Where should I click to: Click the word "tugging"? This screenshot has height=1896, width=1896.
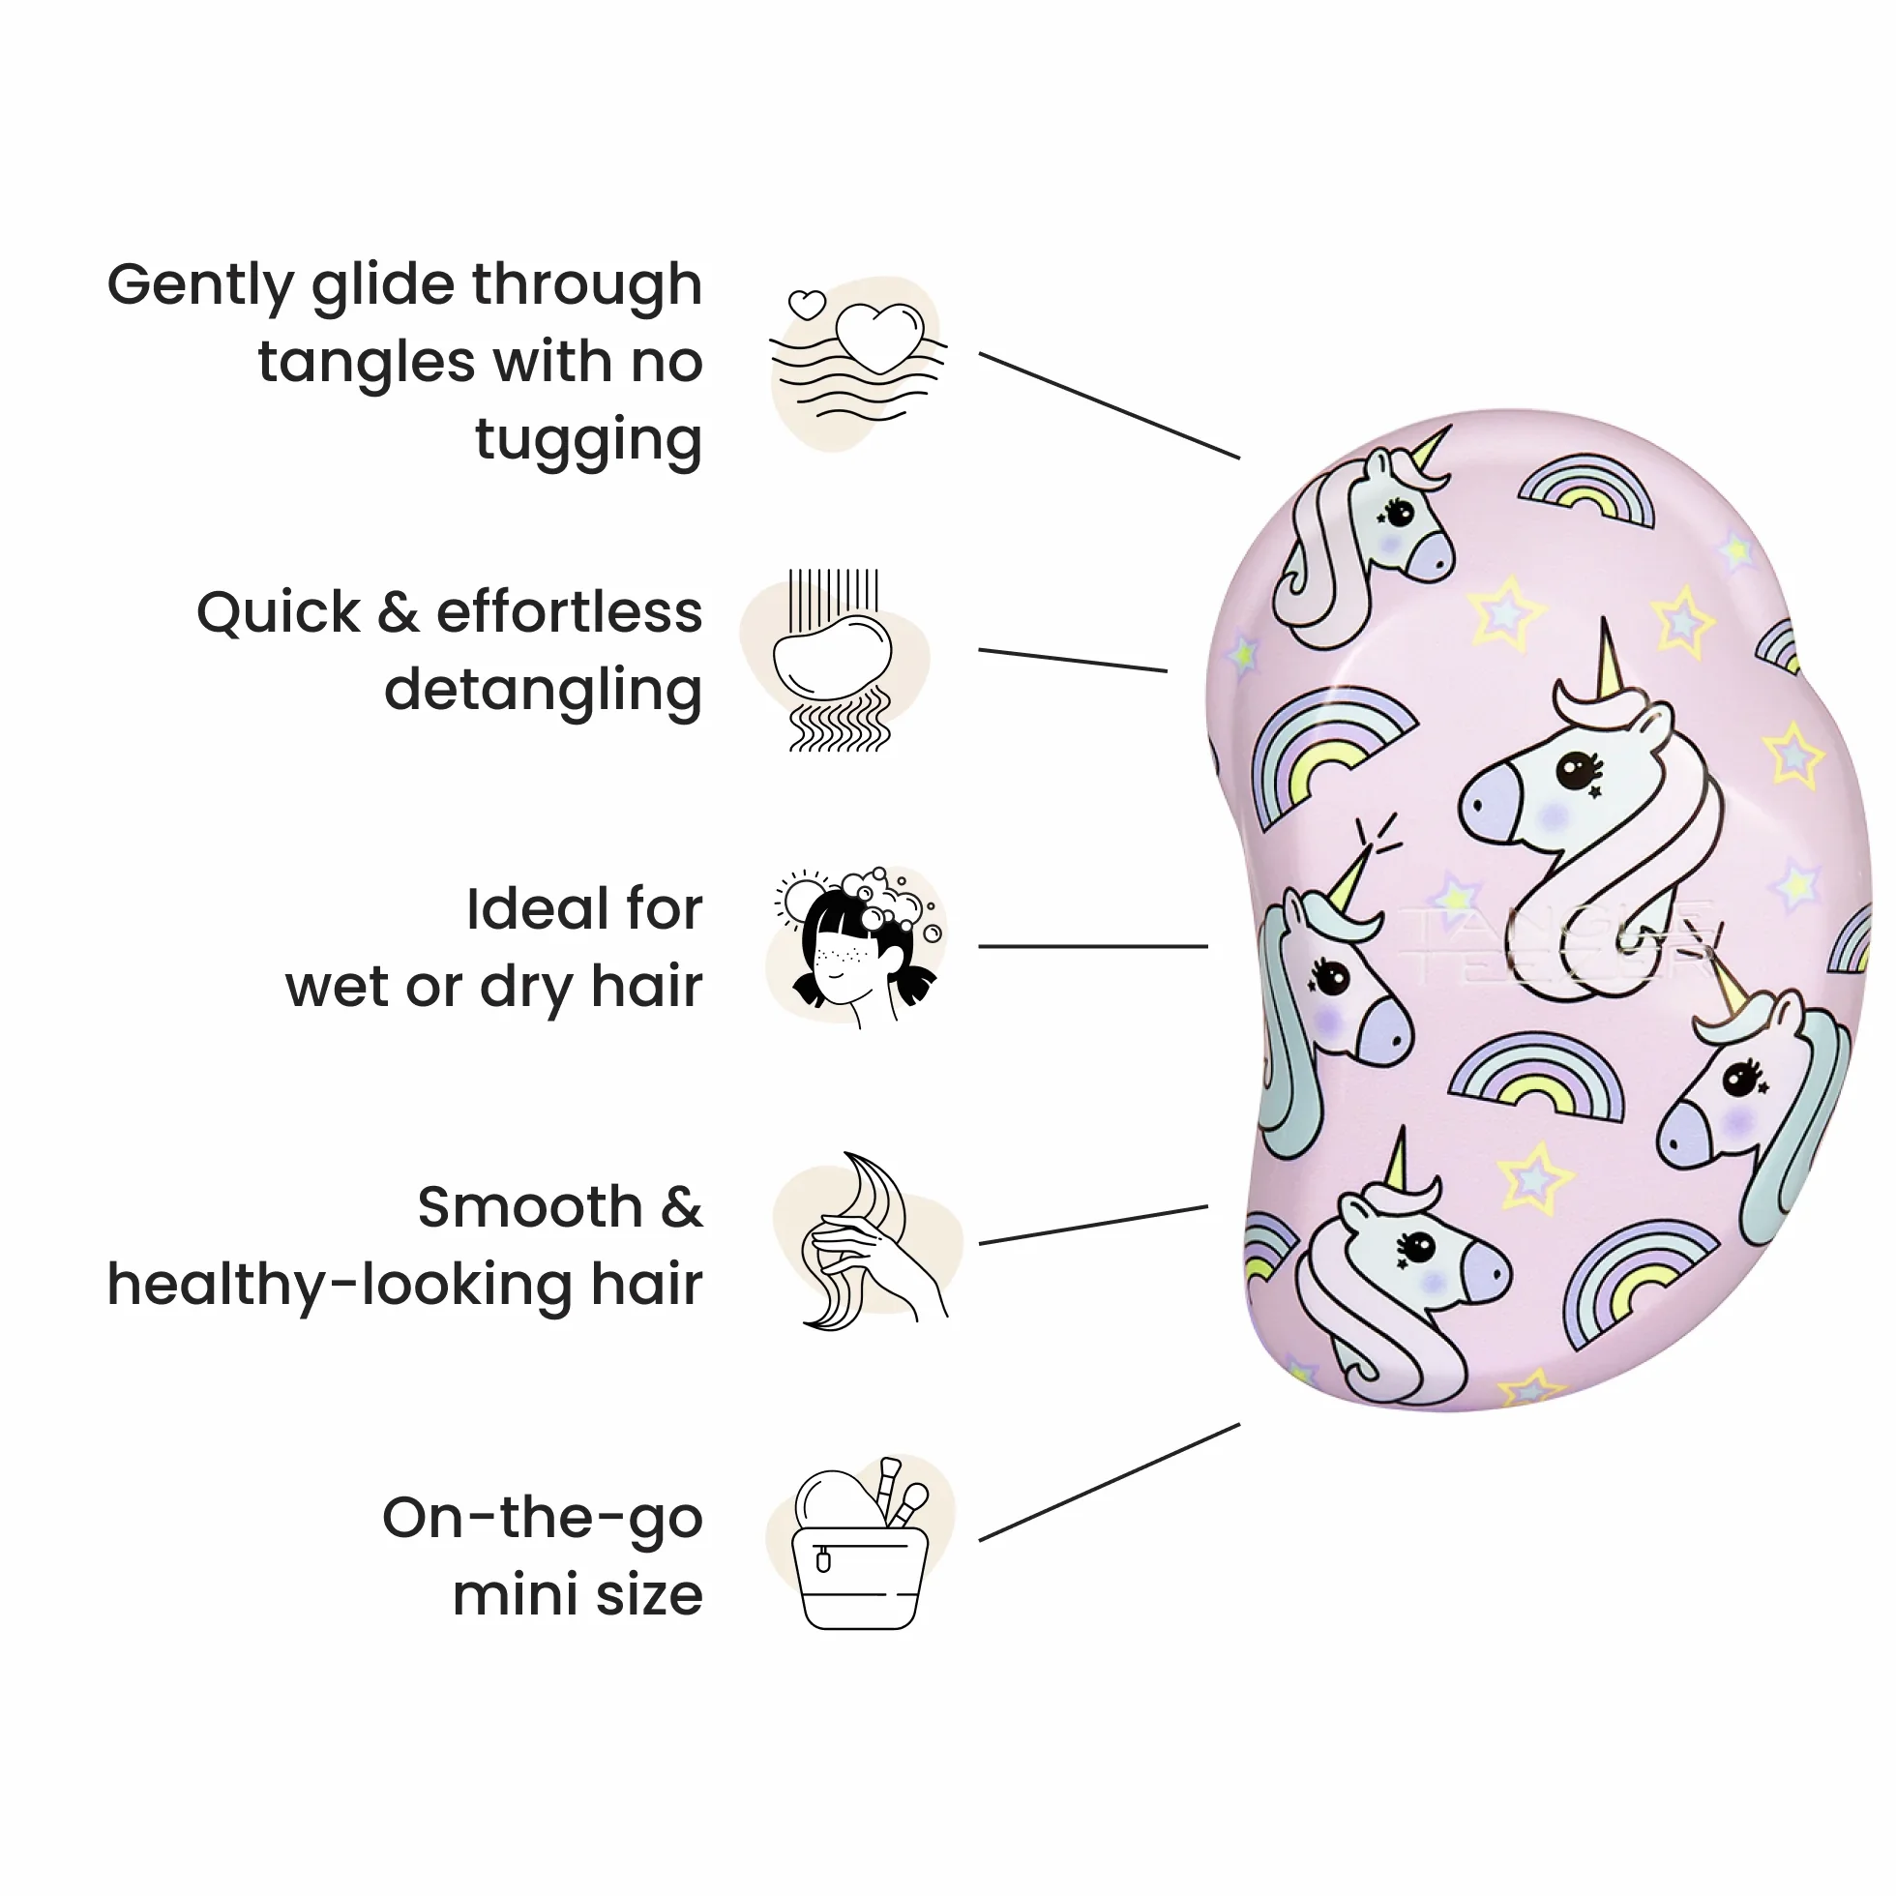coord(589,441)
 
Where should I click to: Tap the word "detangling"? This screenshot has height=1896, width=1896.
coord(544,692)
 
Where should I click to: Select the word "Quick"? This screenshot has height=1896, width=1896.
coord(279,614)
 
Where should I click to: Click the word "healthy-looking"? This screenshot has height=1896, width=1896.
coord(340,1286)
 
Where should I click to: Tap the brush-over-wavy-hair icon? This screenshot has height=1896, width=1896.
coord(835,661)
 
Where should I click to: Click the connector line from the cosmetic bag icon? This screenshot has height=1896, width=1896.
coord(1110,1482)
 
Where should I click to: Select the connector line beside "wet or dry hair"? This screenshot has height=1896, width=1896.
coord(1093,947)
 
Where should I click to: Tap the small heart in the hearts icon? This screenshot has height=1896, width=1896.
coord(808,304)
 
